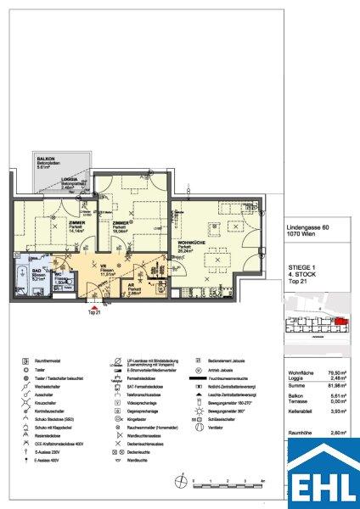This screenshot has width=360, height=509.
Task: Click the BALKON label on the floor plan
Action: point(43,160)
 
